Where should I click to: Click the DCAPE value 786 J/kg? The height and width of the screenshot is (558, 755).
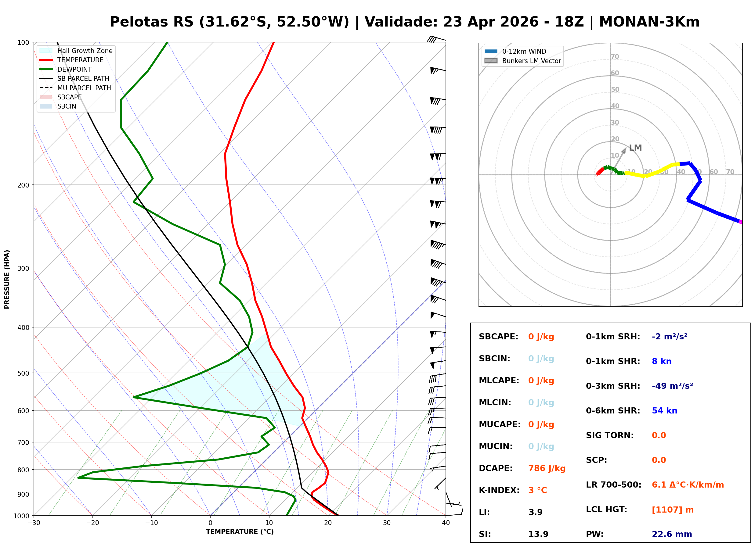click(x=547, y=468)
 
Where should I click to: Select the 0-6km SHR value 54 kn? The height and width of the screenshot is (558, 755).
click(x=664, y=410)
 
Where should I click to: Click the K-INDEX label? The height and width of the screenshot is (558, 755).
click(x=499, y=490)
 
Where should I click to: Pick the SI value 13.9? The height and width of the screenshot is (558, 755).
click(x=538, y=534)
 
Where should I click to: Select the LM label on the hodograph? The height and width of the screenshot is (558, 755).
click(x=635, y=148)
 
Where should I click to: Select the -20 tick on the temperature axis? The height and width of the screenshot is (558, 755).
click(x=92, y=523)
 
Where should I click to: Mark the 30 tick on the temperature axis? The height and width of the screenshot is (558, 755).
click(x=387, y=523)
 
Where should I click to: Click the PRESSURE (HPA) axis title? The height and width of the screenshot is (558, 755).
click(x=7, y=279)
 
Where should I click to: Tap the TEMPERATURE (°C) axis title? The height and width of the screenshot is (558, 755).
click(x=240, y=532)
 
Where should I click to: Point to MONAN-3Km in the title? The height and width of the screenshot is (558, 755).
click(x=649, y=22)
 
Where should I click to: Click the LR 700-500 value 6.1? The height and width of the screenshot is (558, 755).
click(x=659, y=485)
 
